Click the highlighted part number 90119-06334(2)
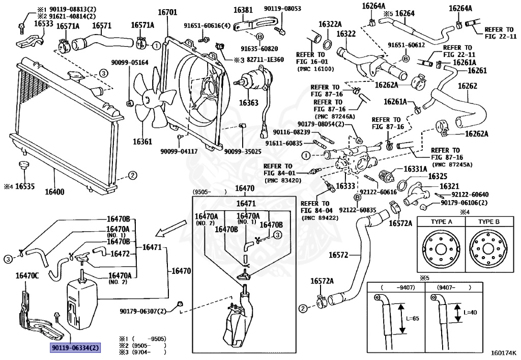(75, 348)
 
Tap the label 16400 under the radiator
(54, 192)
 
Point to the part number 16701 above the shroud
(167, 13)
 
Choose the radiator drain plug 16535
(23, 165)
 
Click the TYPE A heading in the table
(441, 221)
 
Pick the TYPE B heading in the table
(488, 221)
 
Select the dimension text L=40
(470, 313)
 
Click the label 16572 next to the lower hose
(338, 255)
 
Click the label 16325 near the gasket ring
(437, 176)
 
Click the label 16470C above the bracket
(27, 275)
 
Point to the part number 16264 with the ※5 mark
(404, 14)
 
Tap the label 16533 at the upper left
(44, 23)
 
